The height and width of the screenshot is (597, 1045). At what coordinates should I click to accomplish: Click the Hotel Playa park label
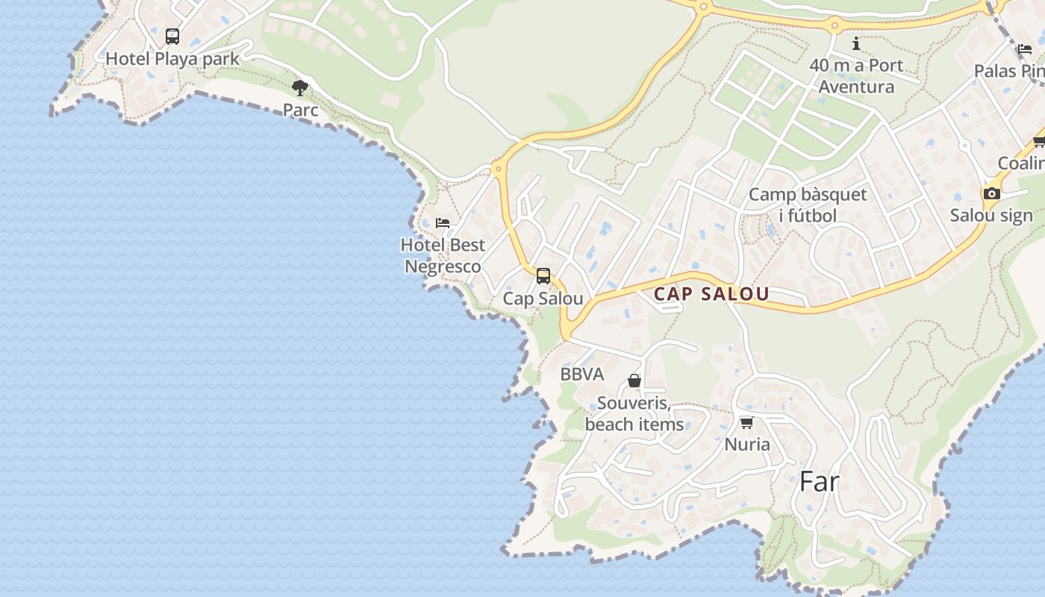point(172,59)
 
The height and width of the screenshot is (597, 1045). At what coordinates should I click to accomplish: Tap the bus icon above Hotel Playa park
point(172,36)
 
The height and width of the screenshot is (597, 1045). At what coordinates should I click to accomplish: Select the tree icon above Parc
point(300,88)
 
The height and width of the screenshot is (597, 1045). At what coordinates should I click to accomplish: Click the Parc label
point(300,110)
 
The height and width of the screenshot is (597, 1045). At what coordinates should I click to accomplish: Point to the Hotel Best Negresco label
point(443,255)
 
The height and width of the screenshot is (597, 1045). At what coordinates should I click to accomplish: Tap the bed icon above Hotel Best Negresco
point(443,222)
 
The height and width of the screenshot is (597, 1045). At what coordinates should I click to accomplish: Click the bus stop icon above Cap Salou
point(543,276)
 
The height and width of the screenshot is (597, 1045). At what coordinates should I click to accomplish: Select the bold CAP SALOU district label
point(711,294)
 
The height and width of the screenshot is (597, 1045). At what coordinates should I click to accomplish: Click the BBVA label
point(582,375)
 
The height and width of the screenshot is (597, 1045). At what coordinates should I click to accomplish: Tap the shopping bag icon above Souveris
point(634,381)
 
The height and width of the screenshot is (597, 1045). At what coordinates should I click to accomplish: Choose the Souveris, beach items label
point(634,414)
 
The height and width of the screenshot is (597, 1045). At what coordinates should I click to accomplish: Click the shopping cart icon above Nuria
point(746,422)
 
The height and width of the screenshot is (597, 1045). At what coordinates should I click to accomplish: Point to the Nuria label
point(747,445)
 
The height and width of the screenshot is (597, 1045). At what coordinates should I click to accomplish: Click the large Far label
point(819,482)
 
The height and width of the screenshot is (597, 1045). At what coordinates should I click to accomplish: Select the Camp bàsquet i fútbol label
point(808,205)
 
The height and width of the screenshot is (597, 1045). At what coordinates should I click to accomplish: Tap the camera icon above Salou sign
point(991,194)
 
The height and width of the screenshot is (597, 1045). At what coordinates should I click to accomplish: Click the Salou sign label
point(991,216)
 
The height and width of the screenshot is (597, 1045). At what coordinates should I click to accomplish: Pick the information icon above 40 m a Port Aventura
point(856,44)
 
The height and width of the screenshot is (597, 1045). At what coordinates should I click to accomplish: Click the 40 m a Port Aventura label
point(856,76)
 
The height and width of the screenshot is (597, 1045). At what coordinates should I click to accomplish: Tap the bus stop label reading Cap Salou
point(543,299)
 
